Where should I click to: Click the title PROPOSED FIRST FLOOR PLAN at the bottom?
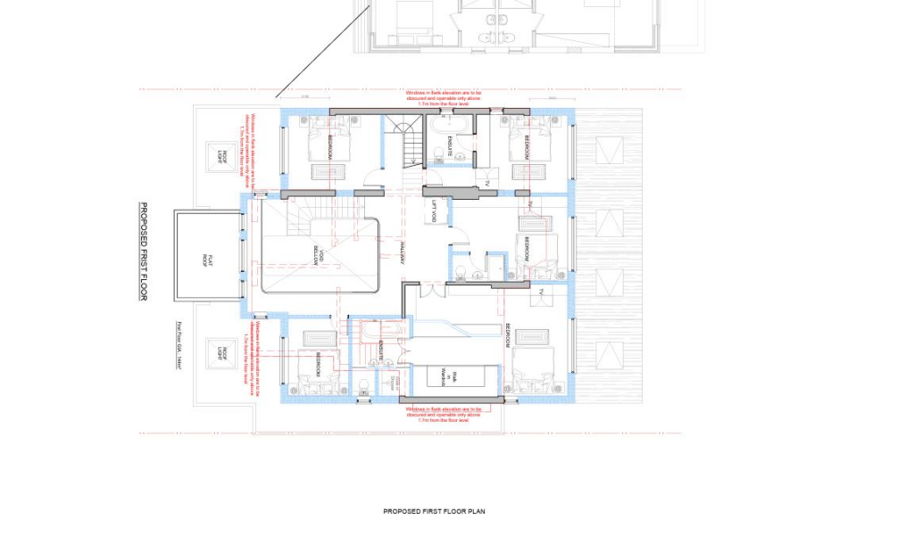click(434, 512)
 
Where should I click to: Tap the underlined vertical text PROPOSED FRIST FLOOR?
click(142, 252)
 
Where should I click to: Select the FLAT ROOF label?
click(205, 260)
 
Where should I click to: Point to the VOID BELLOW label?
click(318, 255)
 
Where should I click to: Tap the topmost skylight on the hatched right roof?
click(609, 151)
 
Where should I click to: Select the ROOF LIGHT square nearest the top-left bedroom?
click(220, 157)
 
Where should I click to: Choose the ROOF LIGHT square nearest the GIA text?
click(220, 354)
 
